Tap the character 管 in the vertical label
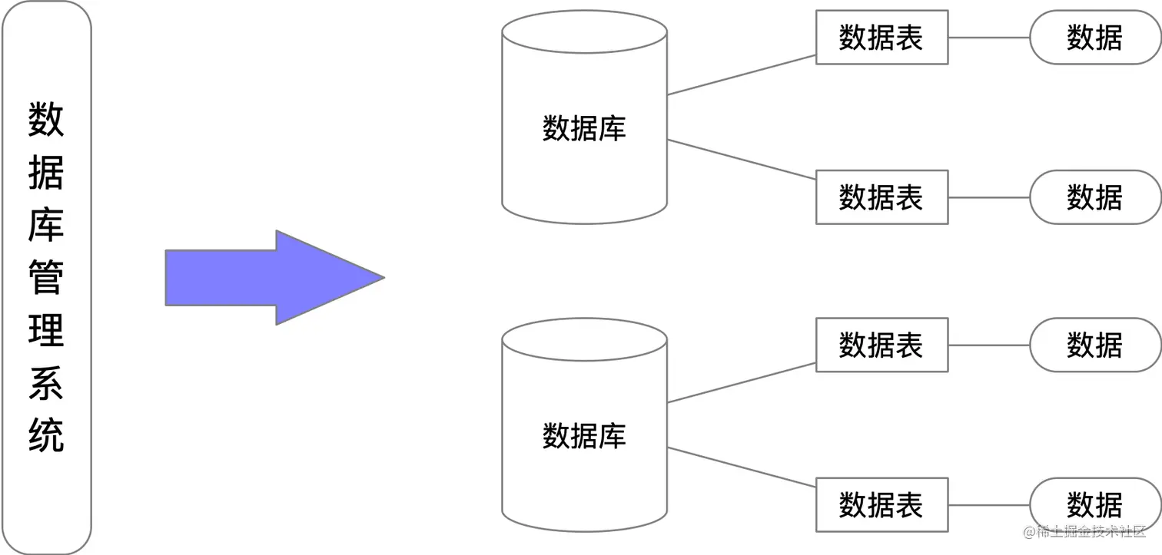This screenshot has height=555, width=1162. coord(46,277)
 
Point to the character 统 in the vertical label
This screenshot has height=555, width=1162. coord(46,434)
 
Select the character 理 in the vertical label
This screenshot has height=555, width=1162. coord(46,330)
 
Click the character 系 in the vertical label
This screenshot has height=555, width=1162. coord(46,382)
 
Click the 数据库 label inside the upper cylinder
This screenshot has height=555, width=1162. coord(584,128)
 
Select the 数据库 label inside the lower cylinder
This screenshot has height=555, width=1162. coord(584,436)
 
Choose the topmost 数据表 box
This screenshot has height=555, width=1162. coord(881,37)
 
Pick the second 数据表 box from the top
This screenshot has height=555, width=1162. coord(881,197)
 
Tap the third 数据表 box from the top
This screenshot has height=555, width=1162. coord(881,345)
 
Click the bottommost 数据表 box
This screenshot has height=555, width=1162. coord(881,505)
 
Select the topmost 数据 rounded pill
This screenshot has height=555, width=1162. coord(1094,37)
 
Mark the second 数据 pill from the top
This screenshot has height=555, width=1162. coord(1094,197)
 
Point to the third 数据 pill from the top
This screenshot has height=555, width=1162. coord(1094,345)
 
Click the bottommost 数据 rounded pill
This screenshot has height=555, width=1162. coord(1094,505)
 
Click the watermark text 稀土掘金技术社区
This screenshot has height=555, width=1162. coord(1091,532)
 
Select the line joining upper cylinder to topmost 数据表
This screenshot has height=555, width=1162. coord(742,74)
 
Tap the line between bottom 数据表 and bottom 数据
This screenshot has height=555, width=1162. coord(988,505)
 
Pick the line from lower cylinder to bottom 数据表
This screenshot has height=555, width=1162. coord(742,467)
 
